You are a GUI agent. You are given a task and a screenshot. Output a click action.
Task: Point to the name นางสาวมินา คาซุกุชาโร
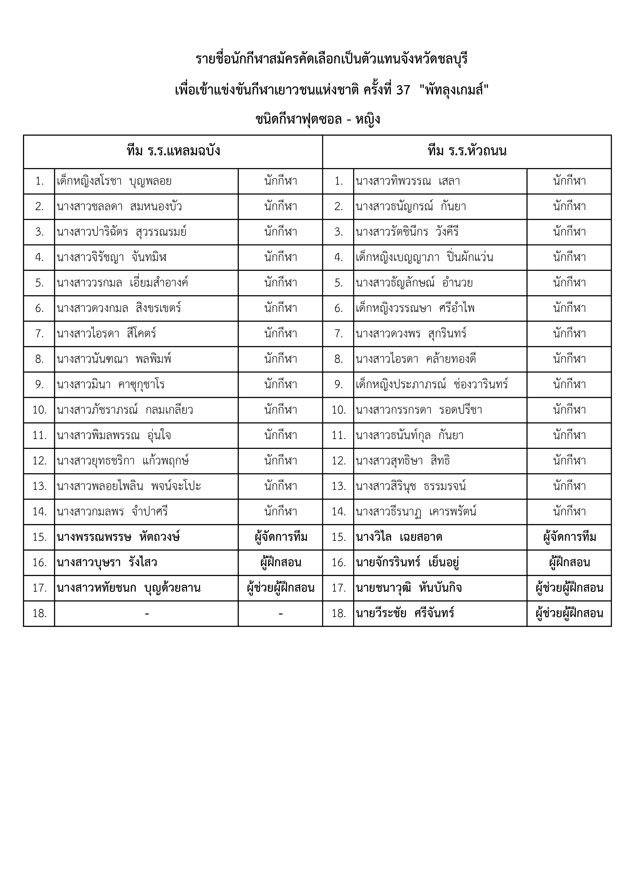tap(111, 385)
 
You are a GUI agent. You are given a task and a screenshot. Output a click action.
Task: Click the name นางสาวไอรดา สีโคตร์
tap(107, 334)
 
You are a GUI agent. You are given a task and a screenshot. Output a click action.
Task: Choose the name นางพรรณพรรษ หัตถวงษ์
tap(119, 537)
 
